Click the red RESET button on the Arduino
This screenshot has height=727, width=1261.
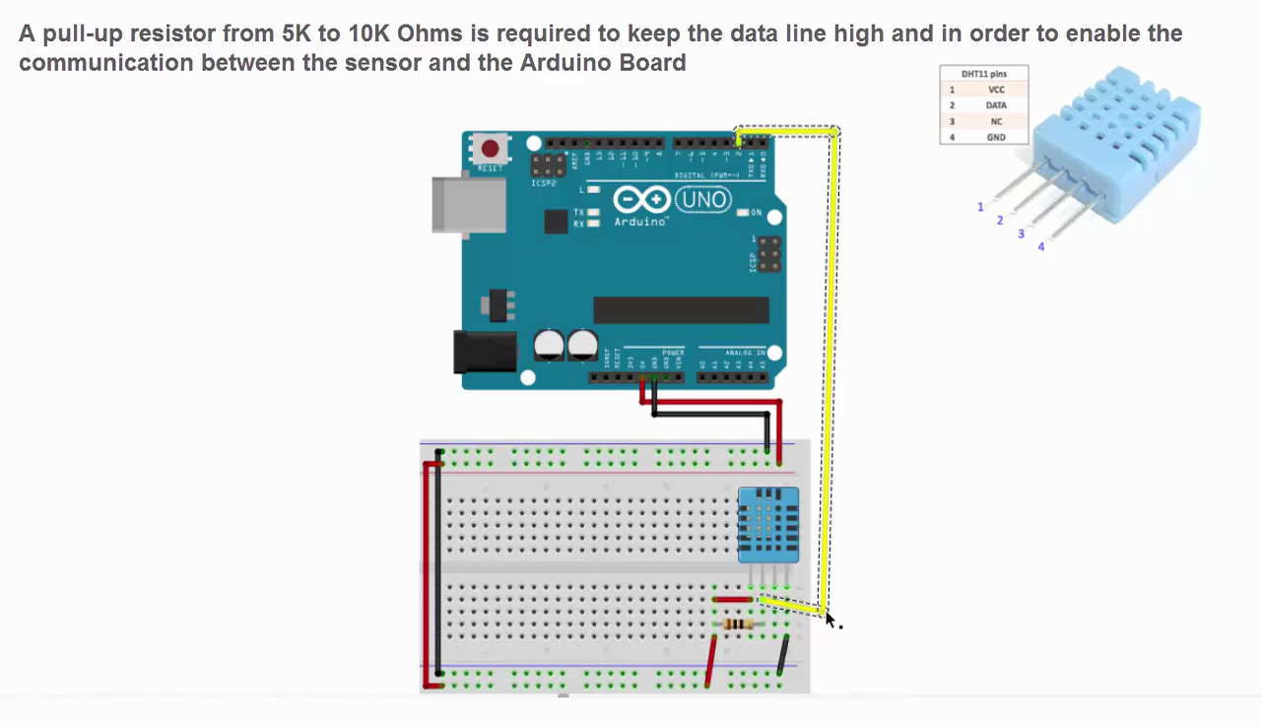pyautogui.click(x=490, y=149)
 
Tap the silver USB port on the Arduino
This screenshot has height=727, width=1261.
pyautogui.click(x=467, y=204)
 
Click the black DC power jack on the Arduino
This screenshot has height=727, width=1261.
pyautogui.click(x=484, y=352)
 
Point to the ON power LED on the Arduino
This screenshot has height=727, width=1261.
pyautogui.click(x=743, y=213)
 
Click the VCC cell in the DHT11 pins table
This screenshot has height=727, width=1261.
pyautogui.click(x=996, y=90)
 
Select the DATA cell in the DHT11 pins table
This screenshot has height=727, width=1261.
pyautogui.click(x=996, y=105)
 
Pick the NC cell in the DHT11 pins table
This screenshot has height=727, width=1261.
pyautogui.click(x=996, y=121)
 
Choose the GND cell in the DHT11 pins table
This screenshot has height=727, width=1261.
pyautogui.click(x=996, y=137)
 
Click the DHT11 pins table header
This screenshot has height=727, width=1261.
pyautogui.click(x=984, y=74)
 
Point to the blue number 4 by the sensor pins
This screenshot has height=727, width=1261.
pyautogui.click(x=1040, y=246)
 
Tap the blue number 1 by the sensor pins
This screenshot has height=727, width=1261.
pyautogui.click(x=980, y=207)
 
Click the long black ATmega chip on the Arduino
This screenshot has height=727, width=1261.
pyautogui.click(x=681, y=310)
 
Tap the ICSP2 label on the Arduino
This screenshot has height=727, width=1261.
pyautogui.click(x=543, y=183)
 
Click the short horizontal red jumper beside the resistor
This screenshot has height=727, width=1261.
pyautogui.click(x=732, y=599)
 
